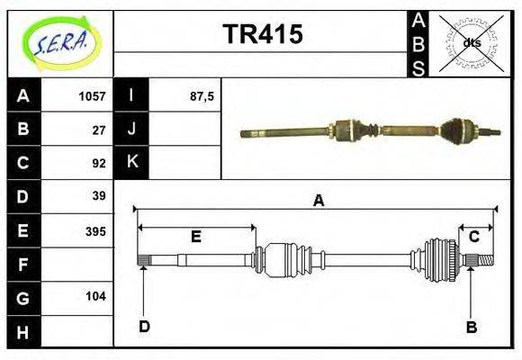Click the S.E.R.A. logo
pos(60,42)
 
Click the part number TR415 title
pos(262,35)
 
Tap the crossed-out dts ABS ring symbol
pos(471,42)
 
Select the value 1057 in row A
pos(92,96)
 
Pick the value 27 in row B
pos(99,130)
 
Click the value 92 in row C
pos(99,163)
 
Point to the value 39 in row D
pos(99,195)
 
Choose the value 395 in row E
pos(95,230)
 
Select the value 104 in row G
pos(95,296)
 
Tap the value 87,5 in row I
pos(201,96)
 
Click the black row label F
pos(23,265)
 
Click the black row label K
pos(131,162)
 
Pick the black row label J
pos(131,129)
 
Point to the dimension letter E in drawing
pos(195,237)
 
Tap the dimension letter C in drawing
pos(473,237)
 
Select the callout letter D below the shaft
pos(144,327)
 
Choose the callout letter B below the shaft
pos(471,327)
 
